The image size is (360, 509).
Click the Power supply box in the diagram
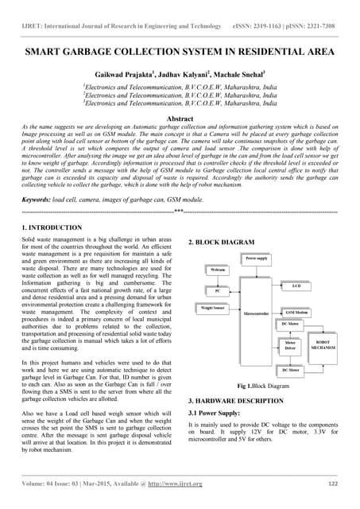256,258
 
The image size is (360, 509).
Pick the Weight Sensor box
214,307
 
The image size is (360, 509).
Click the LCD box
296,285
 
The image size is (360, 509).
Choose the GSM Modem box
296,313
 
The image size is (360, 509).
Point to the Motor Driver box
290,346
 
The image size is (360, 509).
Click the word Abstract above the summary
179,119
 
